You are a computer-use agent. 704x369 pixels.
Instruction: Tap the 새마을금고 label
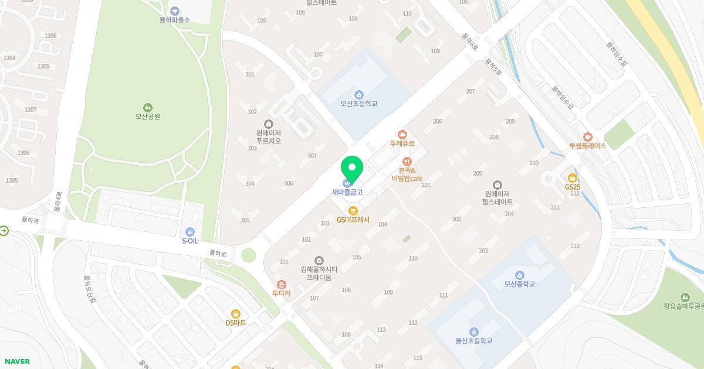[347, 192]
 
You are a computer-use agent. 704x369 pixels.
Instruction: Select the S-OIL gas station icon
[189, 232]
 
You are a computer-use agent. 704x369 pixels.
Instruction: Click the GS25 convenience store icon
[573, 178]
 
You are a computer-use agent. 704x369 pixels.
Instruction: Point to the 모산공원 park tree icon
[147, 108]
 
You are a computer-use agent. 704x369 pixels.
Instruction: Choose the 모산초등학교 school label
[359, 104]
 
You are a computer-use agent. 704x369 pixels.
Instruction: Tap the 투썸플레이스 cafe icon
[588, 137]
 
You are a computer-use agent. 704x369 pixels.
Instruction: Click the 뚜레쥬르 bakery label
[402, 143]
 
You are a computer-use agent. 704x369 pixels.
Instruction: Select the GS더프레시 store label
[353, 220]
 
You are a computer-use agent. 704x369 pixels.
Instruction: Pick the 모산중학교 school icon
[519, 275]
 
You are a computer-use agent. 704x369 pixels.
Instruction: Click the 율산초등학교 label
[473, 341]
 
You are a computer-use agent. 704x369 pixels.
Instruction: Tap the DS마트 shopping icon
[236, 314]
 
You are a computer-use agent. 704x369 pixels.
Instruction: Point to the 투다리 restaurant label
[281, 293]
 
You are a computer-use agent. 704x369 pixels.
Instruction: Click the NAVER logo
[17, 361]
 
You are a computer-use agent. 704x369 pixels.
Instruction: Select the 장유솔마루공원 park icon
[685, 298]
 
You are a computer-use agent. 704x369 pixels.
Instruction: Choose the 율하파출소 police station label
[174, 19]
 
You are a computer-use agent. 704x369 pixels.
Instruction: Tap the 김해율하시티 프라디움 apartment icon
[319, 260]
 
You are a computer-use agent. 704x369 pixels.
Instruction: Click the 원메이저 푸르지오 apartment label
[269, 137]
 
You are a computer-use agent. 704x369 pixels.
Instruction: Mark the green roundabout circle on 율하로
[249, 255]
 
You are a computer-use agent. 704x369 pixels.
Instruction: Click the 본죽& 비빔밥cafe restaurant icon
[407, 162]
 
